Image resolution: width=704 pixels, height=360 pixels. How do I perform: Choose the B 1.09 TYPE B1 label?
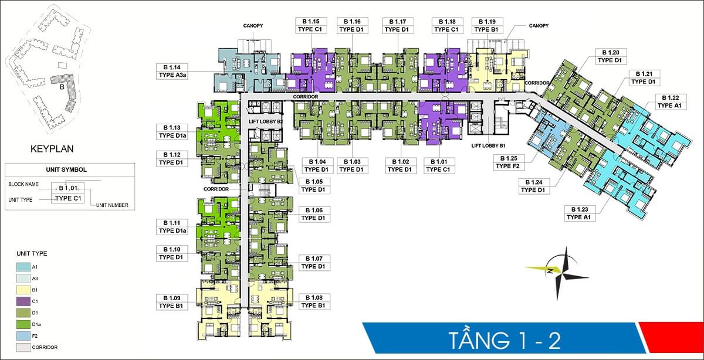coord(172,301)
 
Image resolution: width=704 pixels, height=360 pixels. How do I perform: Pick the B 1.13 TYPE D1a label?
coord(172,131)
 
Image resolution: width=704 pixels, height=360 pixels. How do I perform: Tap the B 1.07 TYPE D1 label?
coord(313,262)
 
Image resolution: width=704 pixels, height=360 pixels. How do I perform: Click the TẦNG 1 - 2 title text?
coord(504,340)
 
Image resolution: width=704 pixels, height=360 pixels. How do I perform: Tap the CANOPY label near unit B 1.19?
coord(538,26)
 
